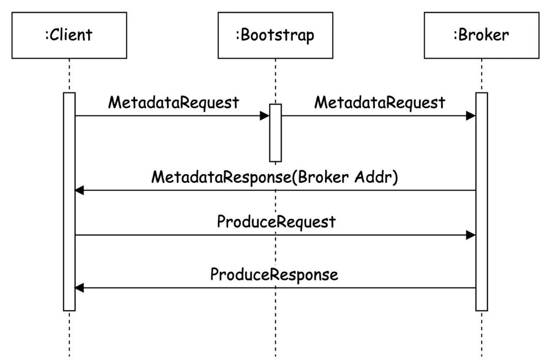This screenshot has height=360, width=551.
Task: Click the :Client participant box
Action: [x=69, y=35]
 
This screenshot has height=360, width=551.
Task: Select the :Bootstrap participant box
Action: [x=275, y=35]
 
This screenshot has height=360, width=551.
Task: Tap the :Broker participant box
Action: [x=482, y=35]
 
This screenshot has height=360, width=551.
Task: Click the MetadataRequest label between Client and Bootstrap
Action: [x=173, y=103]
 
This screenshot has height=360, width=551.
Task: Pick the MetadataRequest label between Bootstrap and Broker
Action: [x=380, y=103]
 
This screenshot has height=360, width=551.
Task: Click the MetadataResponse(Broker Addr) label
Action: [x=275, y=177]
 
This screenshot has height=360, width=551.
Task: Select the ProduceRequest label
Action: [x=276, y=222]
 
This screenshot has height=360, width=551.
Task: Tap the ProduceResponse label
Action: [x=274, y=275]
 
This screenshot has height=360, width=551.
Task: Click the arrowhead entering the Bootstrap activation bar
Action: [x=265, y=116]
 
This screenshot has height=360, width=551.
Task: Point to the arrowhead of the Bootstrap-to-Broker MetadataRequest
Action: [x=471, y=116]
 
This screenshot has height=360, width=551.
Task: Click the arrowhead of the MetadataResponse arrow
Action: [x=80, y=190]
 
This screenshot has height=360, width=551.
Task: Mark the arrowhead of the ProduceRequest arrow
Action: [x=471, y=235]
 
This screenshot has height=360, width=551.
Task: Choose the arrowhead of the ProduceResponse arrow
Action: [x=80, y=288]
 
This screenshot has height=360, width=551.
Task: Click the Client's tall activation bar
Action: [x=69, y=202]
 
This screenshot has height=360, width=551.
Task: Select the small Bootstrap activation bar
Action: [x=275, y=133]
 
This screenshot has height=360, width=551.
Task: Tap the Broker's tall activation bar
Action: [x=482, y=202]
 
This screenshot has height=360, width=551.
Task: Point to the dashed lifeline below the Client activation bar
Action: [x=69, y=334]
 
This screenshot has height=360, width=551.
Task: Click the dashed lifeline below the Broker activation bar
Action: [x=482, y=334]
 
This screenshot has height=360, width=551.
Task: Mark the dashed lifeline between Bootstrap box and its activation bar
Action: [x=275, y=81]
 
